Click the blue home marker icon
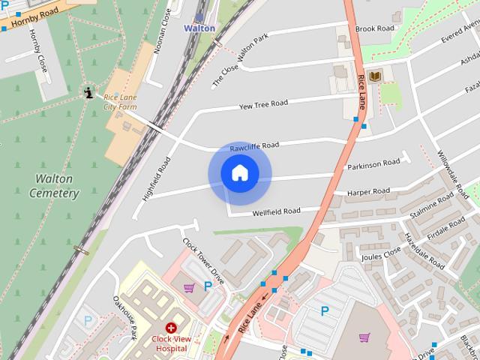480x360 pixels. click(x=240, y=173)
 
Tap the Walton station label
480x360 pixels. click(x=199, y=28)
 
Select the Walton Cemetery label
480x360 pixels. click(x=53, y=185)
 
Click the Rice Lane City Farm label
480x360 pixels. click(x=120, y=102)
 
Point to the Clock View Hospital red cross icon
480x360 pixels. click(x=171, y=328)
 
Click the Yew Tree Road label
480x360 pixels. click(x=262, y=104)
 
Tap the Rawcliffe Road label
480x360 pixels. click(x=254, y=145)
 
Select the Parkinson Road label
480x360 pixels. click(x=373, y=163)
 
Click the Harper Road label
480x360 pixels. click(x=368, y=192)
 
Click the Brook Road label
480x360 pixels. click(x=375, y=29)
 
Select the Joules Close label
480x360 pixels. click(x=382, y=254)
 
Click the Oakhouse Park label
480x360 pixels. click(x=124, y=315)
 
